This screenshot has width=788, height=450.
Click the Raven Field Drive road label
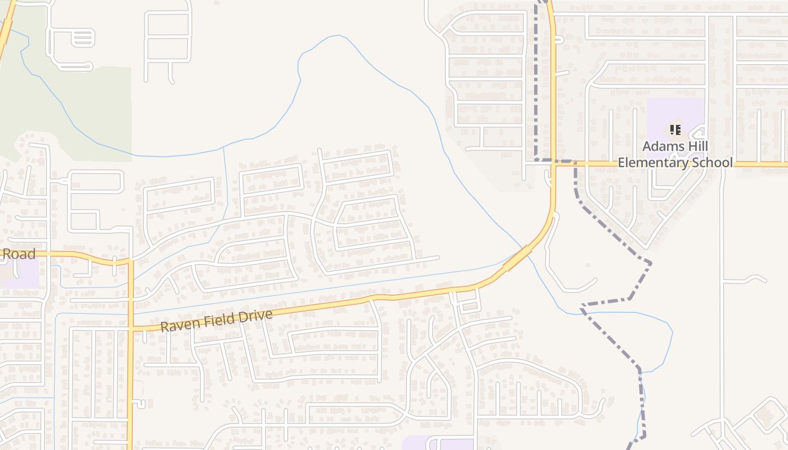click(216, 320)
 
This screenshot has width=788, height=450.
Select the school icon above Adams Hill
click(675, 130)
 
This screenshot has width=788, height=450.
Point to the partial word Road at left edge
click(19, 254)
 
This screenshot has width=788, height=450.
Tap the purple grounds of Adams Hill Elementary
click(664, 112)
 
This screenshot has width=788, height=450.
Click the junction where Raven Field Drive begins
click(131, 328)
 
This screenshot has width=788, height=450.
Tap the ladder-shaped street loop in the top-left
click(82, 38)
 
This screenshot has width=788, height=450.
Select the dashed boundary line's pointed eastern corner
click(651, 262)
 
